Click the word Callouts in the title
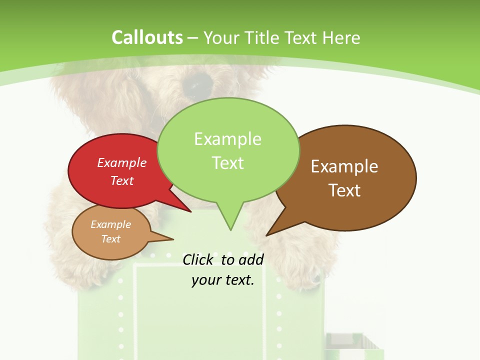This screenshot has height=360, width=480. (147, 38)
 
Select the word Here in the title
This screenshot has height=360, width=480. (341, 38)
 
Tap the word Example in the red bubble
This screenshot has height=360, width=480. (122, 162)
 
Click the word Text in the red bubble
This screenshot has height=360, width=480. (122, 180)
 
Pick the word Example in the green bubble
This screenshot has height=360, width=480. (227, 139)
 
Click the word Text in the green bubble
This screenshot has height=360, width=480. (227, 163)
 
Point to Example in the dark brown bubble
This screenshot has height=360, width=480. (344, 166)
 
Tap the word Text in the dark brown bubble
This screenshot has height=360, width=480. (344, 190)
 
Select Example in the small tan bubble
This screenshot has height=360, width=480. (111, 224)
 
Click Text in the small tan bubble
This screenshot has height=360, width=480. (111, 239)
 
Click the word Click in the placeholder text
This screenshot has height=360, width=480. (197, 259)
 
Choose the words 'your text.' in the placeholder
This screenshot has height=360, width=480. (223, 280)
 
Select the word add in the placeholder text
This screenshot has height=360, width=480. (251, 259)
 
